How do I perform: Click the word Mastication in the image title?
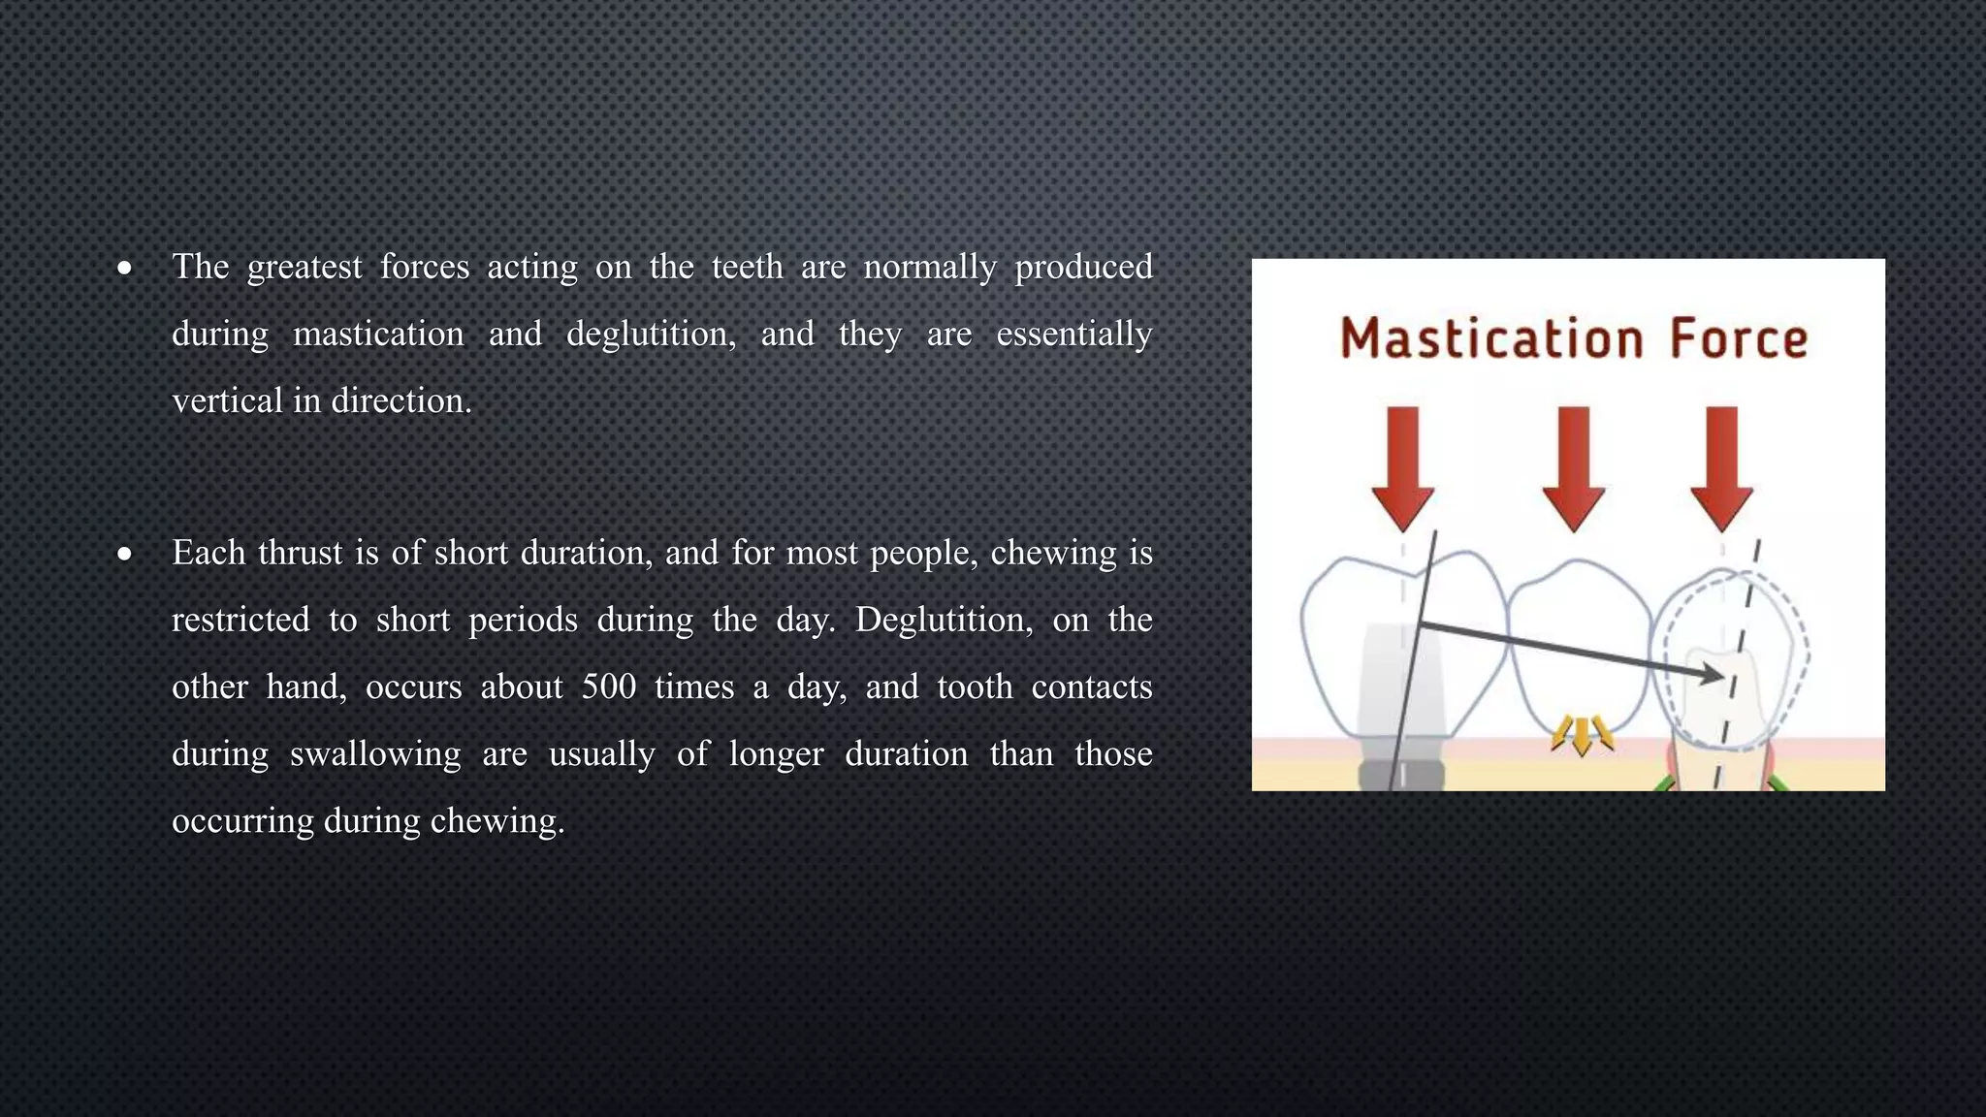(1490, 338)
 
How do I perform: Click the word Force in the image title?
(1738, 338)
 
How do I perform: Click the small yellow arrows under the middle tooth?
(1582, 734)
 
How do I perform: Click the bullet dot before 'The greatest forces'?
(124, 268)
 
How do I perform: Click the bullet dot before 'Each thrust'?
(124, 554)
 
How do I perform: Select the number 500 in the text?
(608, 686)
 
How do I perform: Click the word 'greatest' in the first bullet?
(304, 267)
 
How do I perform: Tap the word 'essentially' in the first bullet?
(1073, 334)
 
